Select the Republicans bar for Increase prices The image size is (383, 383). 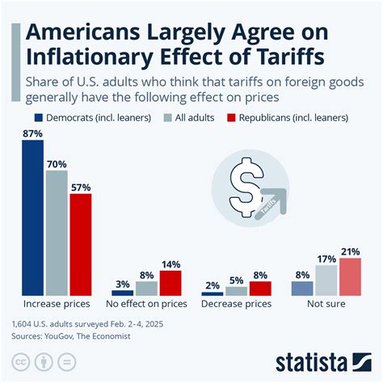click(81, 245)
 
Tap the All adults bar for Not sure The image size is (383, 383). click(326, 280)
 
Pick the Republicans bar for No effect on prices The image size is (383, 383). click(170, 284)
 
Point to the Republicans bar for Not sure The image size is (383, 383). click(350, 276)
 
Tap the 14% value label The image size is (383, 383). click(170, 264)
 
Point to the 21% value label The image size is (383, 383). click(350, 250)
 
